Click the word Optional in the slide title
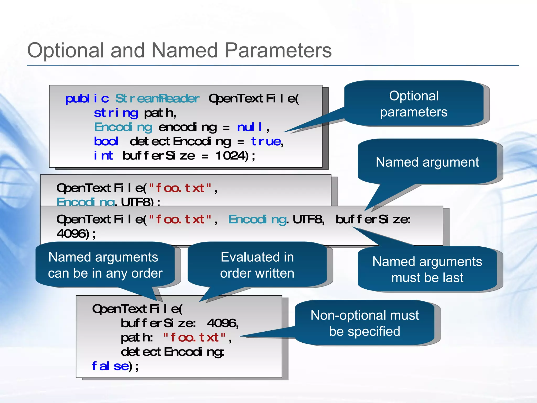[66, 50]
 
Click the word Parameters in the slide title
[278, 50]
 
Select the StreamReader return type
[157, 99]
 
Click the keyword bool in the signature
[106, 142]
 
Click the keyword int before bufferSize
[103, 156]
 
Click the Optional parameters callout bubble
[414, 104]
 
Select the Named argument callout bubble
[427, 162]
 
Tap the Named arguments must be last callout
[427, 269]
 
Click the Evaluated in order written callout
[257, 265]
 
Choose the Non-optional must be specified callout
[364, 323]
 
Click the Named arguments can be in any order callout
[105, 265]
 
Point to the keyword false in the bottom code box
[110, 366]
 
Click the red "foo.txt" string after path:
[194, 338]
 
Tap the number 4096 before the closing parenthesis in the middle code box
[71, 234]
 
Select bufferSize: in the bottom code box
[158, 323]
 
